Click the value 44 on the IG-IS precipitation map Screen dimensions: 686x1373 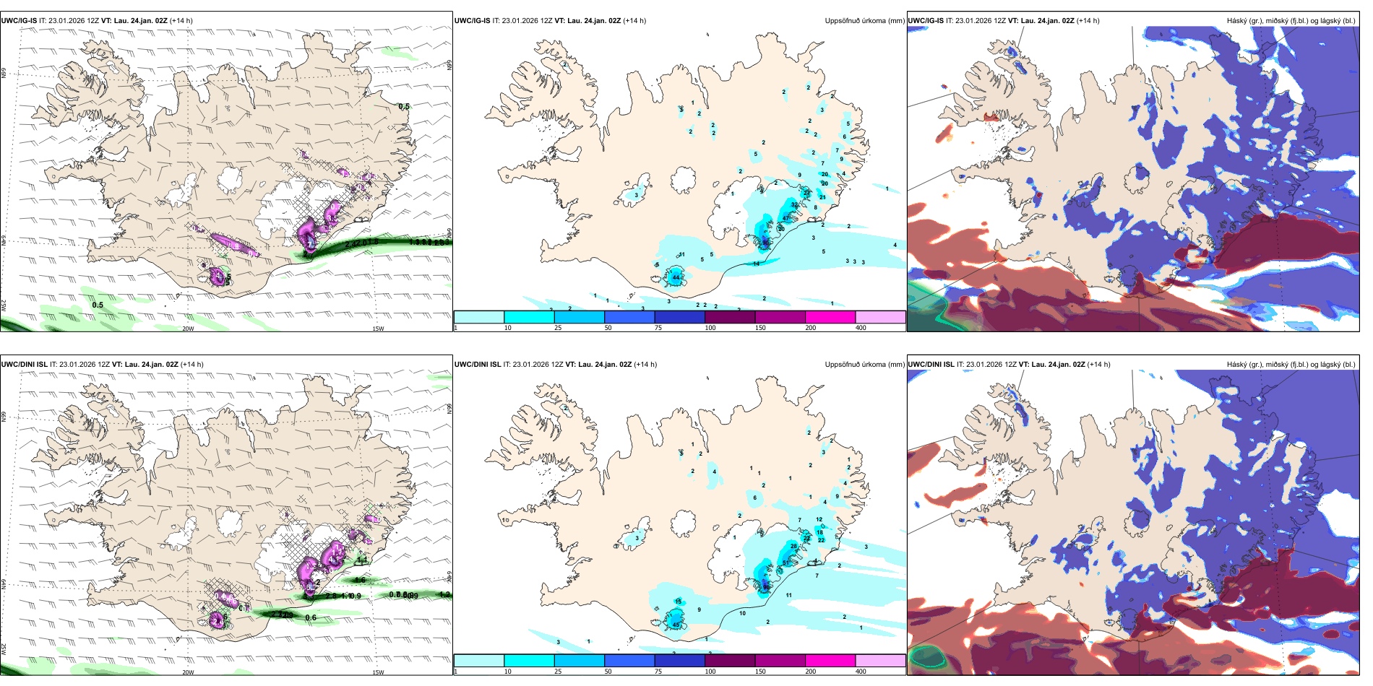(x=676, y=277)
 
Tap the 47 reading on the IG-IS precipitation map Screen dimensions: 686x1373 (x=786, y=219)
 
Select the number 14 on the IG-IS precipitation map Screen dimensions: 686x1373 (x=757, y=264)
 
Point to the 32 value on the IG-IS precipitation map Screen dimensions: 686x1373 (x=795, y=205)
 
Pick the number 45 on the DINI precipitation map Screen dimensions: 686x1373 (x=676, y=625)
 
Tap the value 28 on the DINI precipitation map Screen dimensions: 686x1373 (x=794, y=547)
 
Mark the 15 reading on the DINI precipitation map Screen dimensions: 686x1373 (x=678, y=602)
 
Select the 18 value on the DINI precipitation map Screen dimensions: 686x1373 (x=819, y=532)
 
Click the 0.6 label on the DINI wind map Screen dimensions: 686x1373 (x=311, y=617)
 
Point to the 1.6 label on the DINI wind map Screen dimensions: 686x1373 (x=359, y=580)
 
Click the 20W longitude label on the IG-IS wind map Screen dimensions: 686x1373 (x=188, y=329)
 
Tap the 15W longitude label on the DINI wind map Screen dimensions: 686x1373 (x=378, y=672)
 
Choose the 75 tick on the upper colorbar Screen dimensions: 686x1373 (x=658, y=328)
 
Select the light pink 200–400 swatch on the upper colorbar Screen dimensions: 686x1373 (x=880, y=317)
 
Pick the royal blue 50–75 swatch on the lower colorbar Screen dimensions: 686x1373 (x=629, y=661)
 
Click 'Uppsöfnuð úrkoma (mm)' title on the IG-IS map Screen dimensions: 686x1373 (x=864, y=21)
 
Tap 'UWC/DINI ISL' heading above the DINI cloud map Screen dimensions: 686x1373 (x=931, y=365)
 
